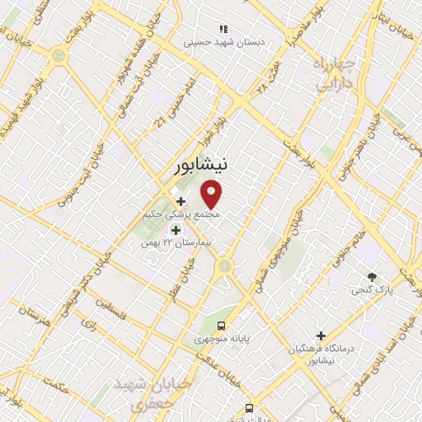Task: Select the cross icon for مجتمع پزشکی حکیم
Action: coord(181,200)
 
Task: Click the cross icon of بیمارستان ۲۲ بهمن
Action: coord(175,231)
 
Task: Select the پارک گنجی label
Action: coord(373,290)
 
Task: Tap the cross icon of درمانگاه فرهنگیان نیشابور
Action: coord(321,335)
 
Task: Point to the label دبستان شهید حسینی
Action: coord(222,40)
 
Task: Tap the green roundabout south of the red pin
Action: coord(224,266)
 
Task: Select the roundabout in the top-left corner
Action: coord(59,56)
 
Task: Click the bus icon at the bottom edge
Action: coord(249,408)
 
